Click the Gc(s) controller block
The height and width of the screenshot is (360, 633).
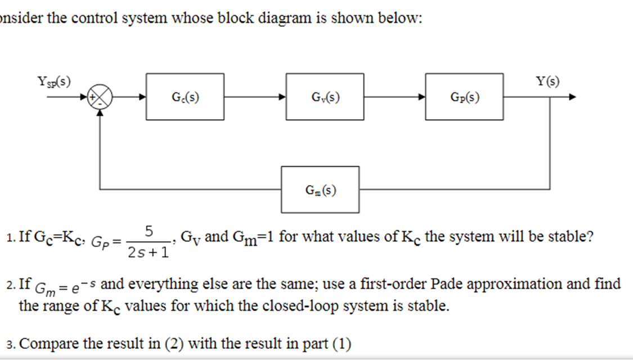(x=185, y=96)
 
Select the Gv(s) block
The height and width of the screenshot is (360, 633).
(x=325, y=96)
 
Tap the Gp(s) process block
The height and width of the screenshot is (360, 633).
(x=464, y=96)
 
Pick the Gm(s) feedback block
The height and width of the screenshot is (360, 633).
(x=320, y=190)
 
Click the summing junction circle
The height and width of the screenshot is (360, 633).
(x=102, y=97)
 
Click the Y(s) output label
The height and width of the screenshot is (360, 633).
(x=547, y=81)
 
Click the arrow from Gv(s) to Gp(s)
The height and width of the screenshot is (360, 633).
(x=394, y=97)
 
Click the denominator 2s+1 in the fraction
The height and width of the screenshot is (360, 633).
(x=148, y=253)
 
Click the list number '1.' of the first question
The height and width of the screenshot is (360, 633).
(x=12, y=237)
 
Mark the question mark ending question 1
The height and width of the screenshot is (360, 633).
(x=589, y=236)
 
